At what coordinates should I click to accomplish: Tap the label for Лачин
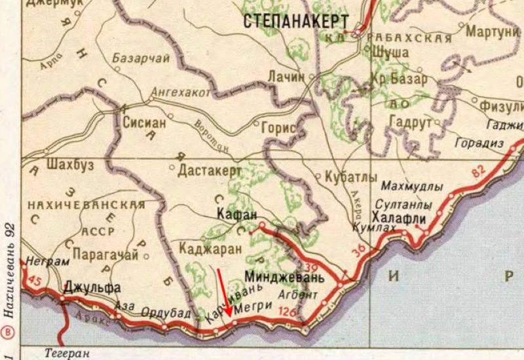click(x=286, y=76)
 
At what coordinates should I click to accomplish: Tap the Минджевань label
click(x=284, y=276)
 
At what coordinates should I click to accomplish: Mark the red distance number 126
click(x=287, y=311)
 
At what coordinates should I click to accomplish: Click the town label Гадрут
click(x=410, y=122)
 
